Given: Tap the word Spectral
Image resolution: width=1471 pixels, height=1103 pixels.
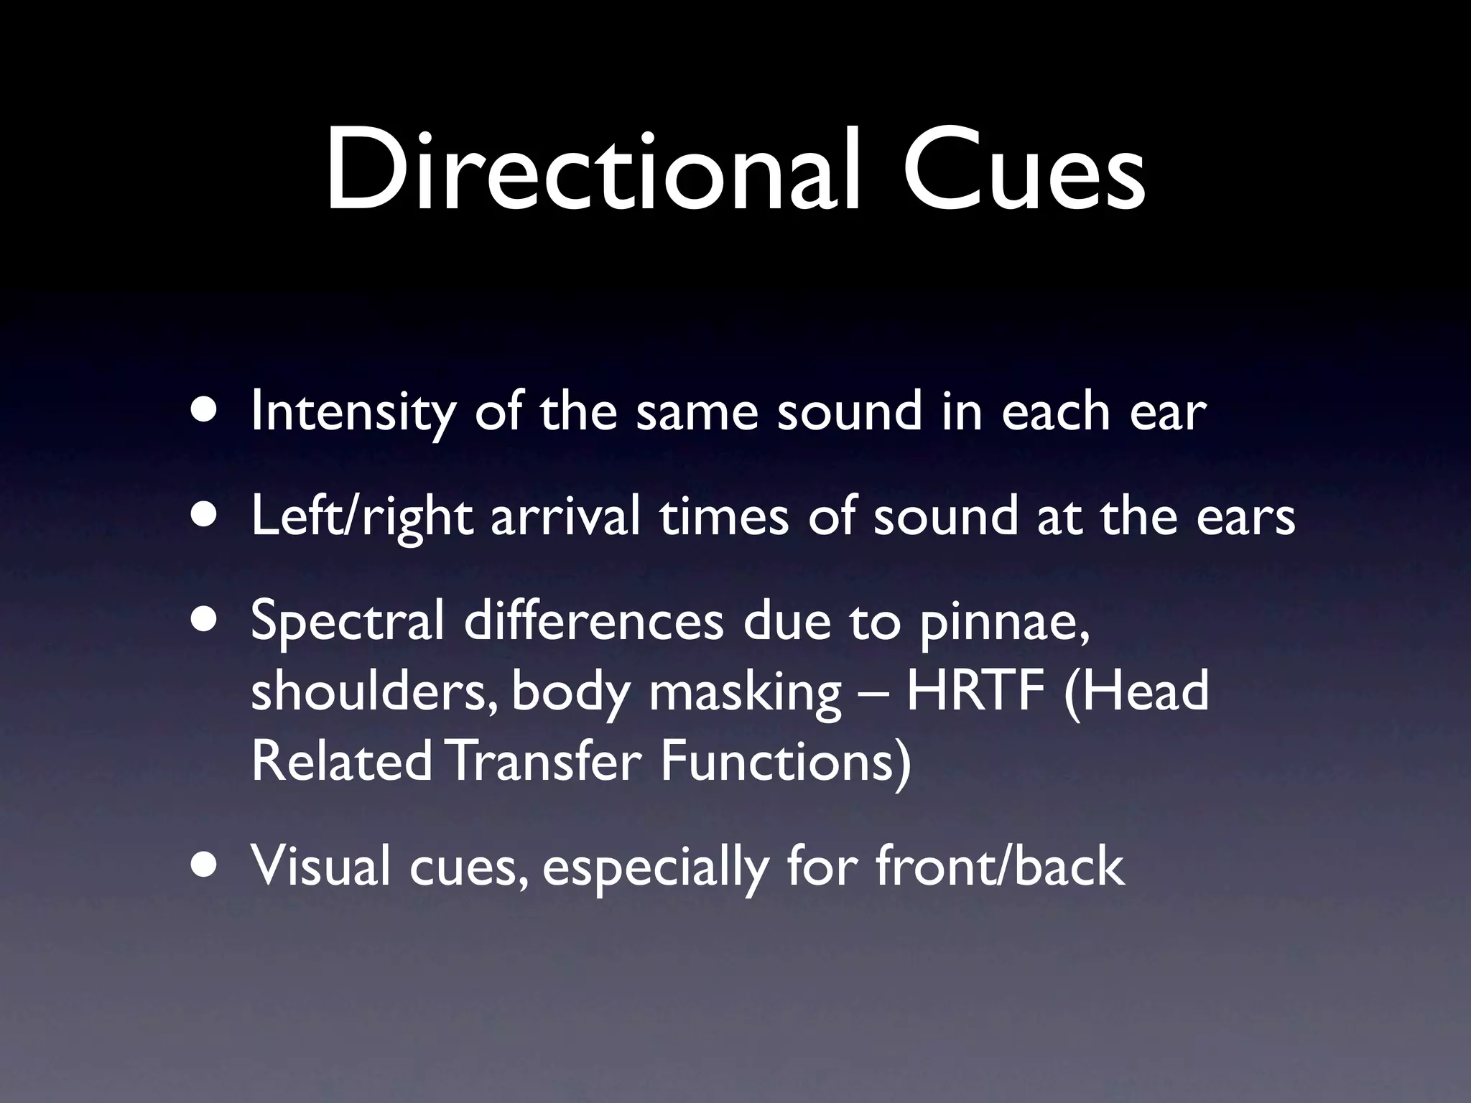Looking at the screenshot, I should pyautogui.click(x=348, y=622).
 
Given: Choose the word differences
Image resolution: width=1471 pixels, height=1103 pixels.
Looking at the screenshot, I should pyautogui.click(x=593, y=620).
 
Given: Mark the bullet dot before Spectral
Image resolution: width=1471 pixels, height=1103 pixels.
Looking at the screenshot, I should pyautogui.click(x=206, y=620).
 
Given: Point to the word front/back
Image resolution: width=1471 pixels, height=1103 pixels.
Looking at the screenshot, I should pyautogui.click(x=999, y=866).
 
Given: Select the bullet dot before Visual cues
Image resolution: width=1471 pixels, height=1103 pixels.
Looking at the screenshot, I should pyautogui.click(x=206, y=865).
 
